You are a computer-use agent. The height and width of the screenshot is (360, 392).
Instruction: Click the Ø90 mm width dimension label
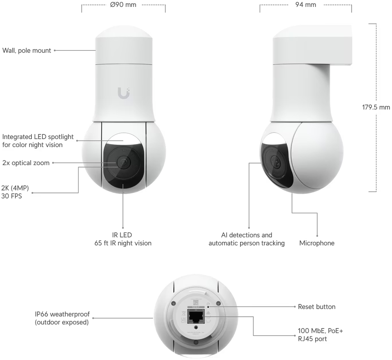point(123,5)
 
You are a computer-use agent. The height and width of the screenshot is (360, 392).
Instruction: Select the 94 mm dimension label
point(305,5)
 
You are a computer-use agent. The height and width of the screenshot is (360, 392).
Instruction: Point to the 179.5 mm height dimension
point(376,107)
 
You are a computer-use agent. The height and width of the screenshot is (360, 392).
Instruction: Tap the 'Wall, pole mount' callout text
point(27,51)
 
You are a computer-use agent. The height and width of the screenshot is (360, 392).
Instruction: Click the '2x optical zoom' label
point(26,163)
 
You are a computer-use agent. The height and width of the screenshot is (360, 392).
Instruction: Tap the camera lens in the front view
point(123,162)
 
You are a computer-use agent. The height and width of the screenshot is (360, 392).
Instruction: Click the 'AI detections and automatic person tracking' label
point(246,239)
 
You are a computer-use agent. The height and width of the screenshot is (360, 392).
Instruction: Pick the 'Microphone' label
point(316,243)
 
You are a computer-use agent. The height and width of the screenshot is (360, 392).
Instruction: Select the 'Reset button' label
point(316,306)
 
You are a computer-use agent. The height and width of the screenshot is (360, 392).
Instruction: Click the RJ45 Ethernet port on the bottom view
point(196,316)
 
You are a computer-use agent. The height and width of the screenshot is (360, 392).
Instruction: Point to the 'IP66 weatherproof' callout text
point(62,318)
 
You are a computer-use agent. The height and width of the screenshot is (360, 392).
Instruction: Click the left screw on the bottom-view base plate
point(174,303)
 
